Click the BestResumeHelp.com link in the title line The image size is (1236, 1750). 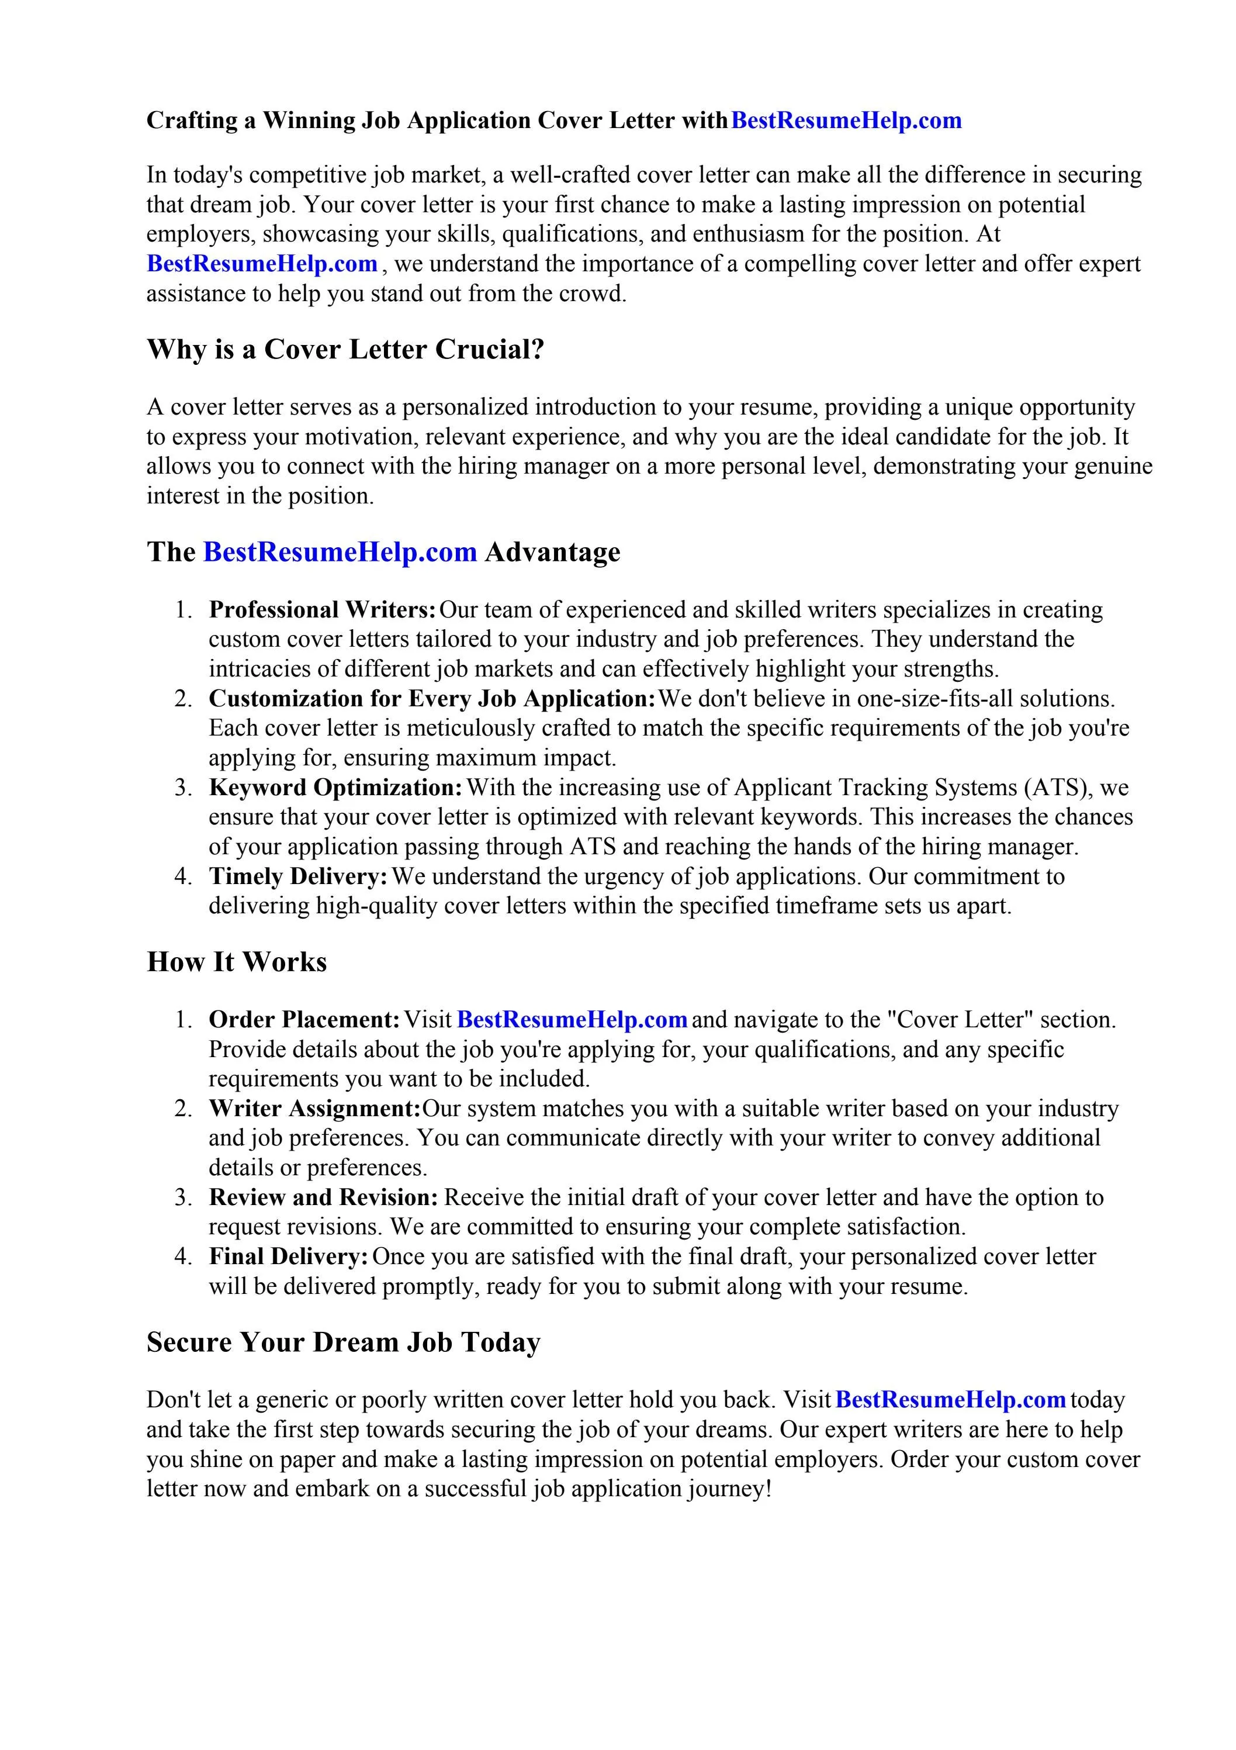coord(846,120)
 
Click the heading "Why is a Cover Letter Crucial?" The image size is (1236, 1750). coord(345,349)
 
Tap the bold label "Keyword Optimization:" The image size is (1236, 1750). coord(335,788)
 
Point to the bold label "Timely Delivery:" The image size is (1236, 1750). coord(298,876)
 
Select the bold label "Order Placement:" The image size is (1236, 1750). coord(304,1020)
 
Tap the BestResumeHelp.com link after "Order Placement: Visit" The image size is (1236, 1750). coord(572,1020)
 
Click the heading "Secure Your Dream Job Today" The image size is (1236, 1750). coord(343,1342)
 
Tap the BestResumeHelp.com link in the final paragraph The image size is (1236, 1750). coord(950,1400)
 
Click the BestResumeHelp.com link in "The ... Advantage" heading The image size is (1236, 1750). coord(340,552)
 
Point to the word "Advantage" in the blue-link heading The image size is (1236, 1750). coord(552,552)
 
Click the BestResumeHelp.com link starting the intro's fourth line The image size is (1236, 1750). coord(261,264)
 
